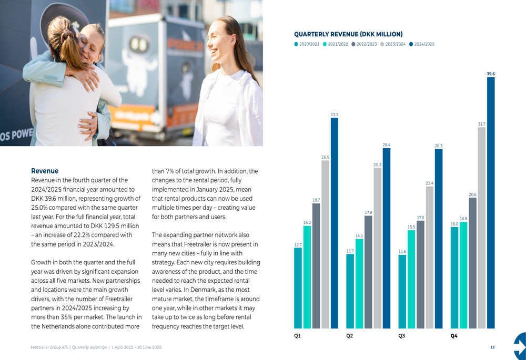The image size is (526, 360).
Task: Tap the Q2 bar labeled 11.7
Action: tap(350, 292)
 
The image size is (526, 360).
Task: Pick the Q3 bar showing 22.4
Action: tap(429, 258)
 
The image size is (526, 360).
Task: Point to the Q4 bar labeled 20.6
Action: tap(473, 263)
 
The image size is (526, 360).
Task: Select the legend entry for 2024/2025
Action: tap(422, 44)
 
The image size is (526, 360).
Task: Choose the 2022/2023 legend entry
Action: tap(364, 44)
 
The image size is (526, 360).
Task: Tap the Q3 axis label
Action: tap(401, 336)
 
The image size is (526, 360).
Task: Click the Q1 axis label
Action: tap(297, 336)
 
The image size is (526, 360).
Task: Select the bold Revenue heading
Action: tap(45, 171)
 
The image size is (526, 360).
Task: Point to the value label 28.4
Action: tap(387, 145)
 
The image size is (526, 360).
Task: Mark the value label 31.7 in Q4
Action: tap(482, 124)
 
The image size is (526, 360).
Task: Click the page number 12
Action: tap(492, 347)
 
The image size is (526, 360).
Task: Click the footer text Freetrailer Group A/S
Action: tap(49, 347)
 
